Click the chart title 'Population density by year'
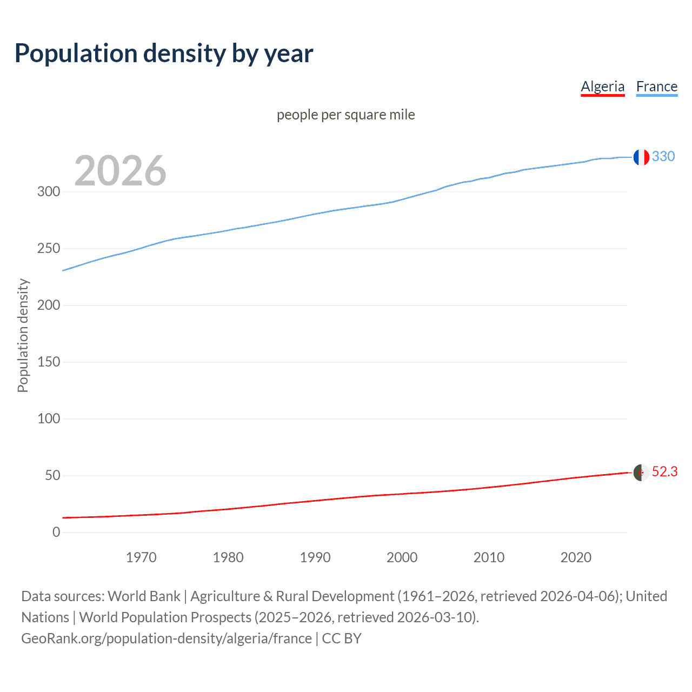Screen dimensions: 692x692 point(164,54)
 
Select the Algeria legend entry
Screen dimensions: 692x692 point(602,86)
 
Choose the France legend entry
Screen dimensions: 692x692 point(656,86)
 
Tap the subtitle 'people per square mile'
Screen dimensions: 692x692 point(345,115)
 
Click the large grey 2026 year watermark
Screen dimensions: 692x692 point(120,171)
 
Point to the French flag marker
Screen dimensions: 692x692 point(641,157)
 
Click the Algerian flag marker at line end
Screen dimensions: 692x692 point(641,472)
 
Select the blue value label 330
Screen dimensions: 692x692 point(663,156)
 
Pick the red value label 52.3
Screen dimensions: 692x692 point(664,472)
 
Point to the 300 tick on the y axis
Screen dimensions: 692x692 point(49,191)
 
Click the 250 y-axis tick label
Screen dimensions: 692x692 point(49,248)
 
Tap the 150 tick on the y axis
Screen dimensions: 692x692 point(49,362)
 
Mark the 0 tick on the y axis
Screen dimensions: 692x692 point(56,532)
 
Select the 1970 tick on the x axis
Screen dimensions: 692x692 point(141,557)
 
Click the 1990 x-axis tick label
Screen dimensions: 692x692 point(315,557)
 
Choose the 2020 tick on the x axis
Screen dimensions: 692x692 point(576,557)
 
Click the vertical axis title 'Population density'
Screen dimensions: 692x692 point(23,335)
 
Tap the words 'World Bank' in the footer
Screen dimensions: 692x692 point(144,596)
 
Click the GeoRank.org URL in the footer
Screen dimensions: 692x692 point(167,638)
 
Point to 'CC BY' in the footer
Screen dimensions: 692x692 point(342,638)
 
